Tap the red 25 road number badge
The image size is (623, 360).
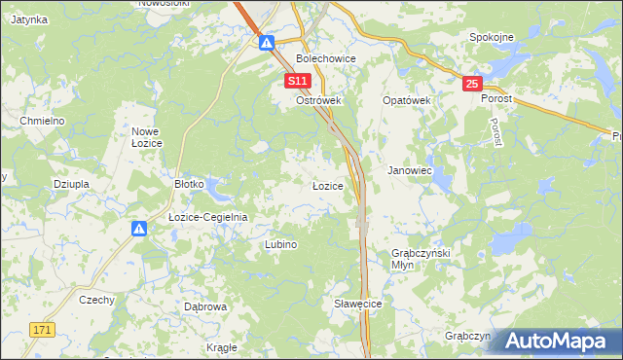pos(472,85)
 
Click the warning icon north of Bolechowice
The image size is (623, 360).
pos(267,42)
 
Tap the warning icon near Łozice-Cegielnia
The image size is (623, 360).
pos(139,229)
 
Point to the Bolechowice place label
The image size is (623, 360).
pos(326,58)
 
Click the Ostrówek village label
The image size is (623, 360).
pos(316,100)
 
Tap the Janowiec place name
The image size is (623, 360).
pos(409,169)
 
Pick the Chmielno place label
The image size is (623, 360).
pos(42,120)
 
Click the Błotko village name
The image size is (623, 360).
pos(188,183)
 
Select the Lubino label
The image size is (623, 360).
pos(280,245)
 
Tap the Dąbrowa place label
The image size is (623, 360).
pos(205,306)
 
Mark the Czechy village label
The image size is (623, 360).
pos(96,300)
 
